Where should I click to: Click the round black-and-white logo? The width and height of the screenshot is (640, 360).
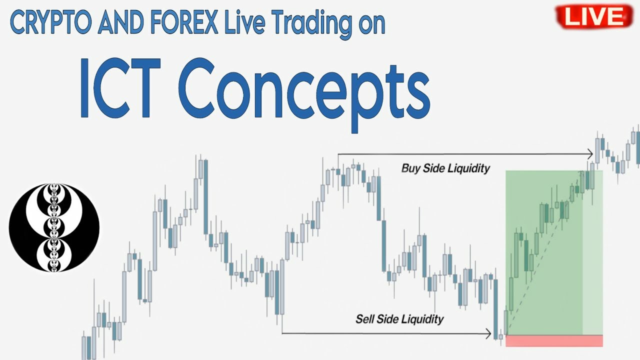point(54,228)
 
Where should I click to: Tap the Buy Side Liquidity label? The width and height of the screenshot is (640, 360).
point(445,168)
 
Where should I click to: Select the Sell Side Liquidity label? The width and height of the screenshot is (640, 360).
point(399,318)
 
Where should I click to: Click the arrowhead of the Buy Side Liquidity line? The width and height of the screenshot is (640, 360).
point(590,154)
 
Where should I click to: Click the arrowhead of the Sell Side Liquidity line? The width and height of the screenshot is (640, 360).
point(488,333)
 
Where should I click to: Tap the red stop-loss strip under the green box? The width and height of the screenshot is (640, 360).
point(554,341)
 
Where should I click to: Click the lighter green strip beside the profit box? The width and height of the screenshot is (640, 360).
point(592,252)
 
